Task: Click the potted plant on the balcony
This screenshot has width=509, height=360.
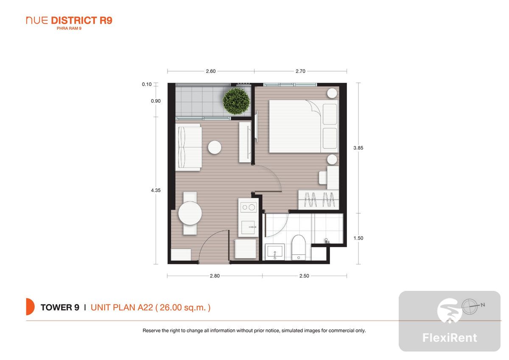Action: pos(236,101)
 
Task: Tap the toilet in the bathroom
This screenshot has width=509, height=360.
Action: pos(298,247)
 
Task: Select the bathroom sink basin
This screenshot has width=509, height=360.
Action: pos(275,252)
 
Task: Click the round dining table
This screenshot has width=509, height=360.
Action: pos(190,213)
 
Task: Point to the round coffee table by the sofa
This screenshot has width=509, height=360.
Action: pos(215,147)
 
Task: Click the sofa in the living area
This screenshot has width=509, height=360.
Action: pos(188,147)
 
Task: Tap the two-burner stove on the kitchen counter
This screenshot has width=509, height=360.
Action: pos(249,207)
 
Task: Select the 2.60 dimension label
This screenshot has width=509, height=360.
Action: pos(211,71)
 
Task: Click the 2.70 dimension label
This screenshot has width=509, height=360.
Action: pos(300,71)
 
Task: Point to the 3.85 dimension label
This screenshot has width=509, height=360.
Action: pos(358,148)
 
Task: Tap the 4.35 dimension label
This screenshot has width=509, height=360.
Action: pos(156,190)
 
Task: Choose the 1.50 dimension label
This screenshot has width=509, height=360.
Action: pos(358,238)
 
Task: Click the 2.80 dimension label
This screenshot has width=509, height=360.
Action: pos(215,276)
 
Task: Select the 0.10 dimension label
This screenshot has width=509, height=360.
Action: pos(147,84)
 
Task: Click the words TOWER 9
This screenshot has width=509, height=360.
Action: pos(60,307)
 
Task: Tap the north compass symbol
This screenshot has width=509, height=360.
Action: pos(472,307)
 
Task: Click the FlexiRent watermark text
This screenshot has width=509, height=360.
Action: pos(450,338)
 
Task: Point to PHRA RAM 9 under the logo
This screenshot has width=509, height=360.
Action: pos(69,28)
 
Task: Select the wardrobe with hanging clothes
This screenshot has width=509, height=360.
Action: pos(319,200)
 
